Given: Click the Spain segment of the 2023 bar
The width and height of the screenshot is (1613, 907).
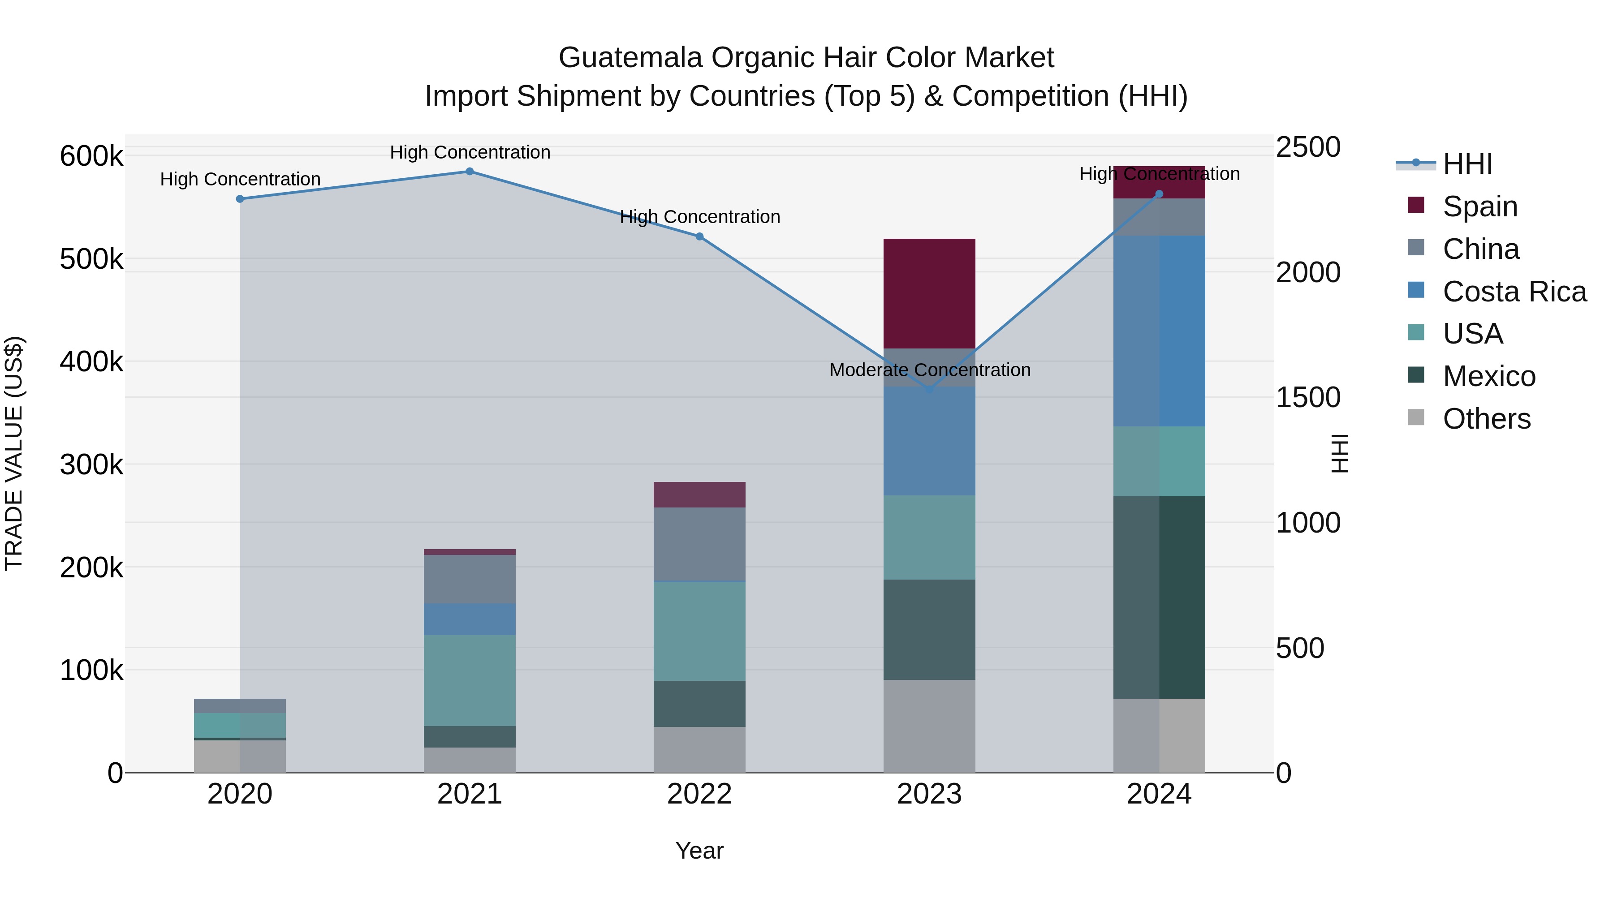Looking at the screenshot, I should [929, 293].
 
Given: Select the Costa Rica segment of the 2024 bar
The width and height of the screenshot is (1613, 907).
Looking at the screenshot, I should [1159, 331].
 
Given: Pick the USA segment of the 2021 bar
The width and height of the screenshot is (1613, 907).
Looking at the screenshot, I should [470, 680].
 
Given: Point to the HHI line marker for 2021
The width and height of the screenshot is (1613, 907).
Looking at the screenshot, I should [470, 172].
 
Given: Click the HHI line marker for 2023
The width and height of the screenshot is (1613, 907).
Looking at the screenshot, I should [929, 389].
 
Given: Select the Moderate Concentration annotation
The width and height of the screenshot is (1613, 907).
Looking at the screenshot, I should [929, 370].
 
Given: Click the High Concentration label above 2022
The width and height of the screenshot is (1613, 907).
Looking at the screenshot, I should [699, 217].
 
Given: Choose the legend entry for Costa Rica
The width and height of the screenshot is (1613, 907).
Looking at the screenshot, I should [1514, 292].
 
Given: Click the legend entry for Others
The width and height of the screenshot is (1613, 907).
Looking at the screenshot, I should [1487, 419].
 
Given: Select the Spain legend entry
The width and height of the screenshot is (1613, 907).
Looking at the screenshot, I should [1479, 206].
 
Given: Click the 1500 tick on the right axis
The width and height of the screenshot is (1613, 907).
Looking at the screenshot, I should [1308, 397].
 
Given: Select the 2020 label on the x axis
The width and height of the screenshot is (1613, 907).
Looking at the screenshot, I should [240, 794].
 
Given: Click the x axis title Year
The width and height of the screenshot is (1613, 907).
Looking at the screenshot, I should [699, 851].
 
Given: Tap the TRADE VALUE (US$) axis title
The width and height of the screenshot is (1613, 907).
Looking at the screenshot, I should [14, 453].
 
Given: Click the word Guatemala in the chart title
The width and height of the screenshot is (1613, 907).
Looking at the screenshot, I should [630, 58].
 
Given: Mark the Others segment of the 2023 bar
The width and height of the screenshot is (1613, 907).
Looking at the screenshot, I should [929, 726].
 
